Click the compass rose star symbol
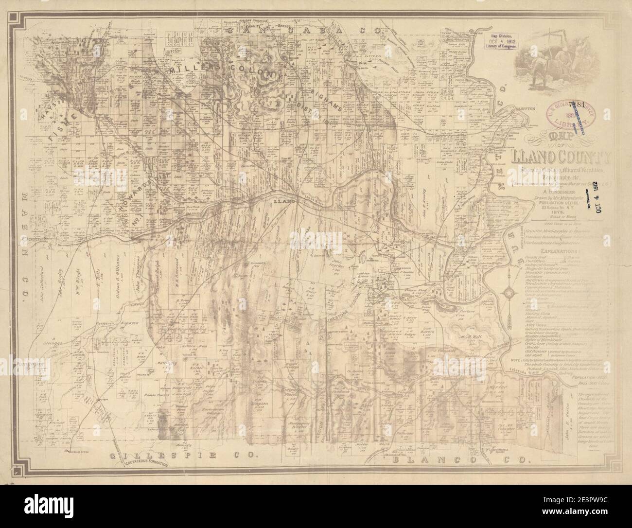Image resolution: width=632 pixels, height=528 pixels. tap(509, 293)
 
